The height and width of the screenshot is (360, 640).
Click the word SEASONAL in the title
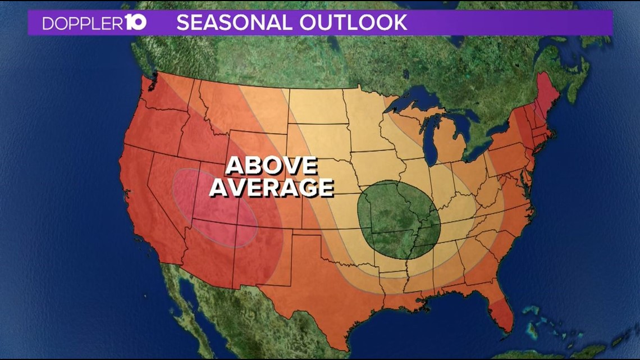point(234,23)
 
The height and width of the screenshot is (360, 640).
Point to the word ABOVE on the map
point(272,167)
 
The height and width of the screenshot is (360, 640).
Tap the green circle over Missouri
point(397,219)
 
